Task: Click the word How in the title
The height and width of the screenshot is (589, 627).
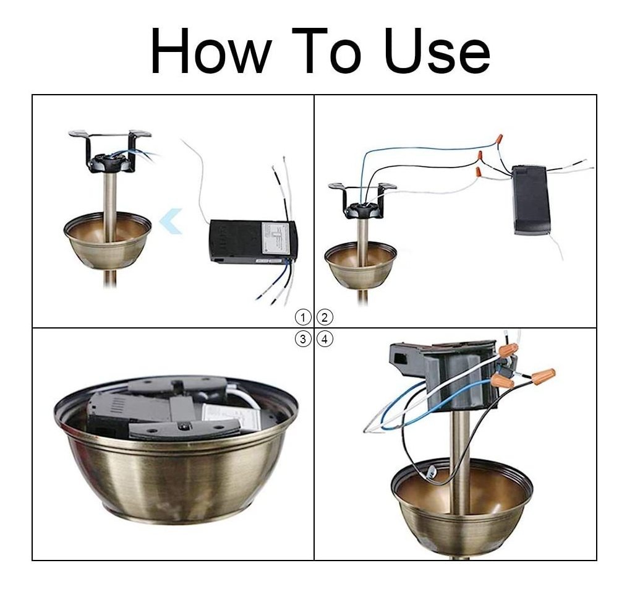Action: click(x=211, y=51)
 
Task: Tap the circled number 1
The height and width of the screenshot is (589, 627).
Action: click(x=303, y=318)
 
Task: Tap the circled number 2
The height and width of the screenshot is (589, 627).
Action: click(x=324, y=318)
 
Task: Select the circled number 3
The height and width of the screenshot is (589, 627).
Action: click(x=303, y=339)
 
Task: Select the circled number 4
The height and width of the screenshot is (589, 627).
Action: click(x=324, y=339)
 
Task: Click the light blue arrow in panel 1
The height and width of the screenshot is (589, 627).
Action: click(x=171, y=221)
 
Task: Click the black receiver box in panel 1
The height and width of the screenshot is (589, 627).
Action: click(x=253, y=242)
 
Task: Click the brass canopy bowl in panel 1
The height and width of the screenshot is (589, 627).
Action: click(x=108, y=240)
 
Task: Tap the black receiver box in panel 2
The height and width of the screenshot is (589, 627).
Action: click(x=531, y=200)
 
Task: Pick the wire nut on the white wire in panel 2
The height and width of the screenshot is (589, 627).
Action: click(x=478, y=173)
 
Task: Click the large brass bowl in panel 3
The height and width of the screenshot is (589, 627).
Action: click(x=176, y=448)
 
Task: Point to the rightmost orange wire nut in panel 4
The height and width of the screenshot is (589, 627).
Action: click(x=543, y=374)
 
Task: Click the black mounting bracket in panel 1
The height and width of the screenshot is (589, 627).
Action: click(x=110, y=152)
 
